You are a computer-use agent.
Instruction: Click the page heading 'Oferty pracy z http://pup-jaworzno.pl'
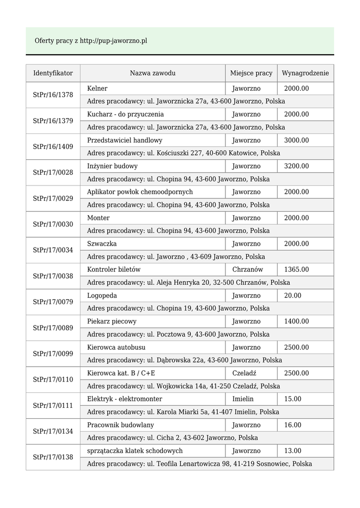tap(91, 41)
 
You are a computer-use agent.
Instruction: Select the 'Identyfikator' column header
tap(53, 73)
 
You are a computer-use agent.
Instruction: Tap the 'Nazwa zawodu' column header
tap(152, 73)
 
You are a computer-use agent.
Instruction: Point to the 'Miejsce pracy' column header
tap(251, 73)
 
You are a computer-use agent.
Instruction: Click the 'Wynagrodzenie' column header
tap(305, 73)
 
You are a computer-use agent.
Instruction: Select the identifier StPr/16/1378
tap(53, 95)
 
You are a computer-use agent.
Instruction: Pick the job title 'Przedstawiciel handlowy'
tap(125, 140)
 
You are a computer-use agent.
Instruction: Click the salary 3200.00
tap(296, 166)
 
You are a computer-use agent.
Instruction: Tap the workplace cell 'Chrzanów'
tap(247, 269)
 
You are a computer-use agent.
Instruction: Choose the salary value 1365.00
tap(296, 269)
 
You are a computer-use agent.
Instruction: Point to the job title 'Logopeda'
tap(102, 296)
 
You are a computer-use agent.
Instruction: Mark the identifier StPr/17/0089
tap(53, 328)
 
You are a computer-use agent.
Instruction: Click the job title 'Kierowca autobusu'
tap(116, 347)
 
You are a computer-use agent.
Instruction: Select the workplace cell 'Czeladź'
tap(244, 373)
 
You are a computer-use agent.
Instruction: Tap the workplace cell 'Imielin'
tap(243, 399)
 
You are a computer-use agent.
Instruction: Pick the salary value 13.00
tap(292, 451)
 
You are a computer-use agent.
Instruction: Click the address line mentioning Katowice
tap(183, 153)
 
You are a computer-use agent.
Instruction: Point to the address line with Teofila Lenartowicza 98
tap(199, 464)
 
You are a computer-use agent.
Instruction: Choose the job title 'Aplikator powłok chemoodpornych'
tap(140, 192)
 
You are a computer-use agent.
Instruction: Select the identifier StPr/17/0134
tap(53, 432)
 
